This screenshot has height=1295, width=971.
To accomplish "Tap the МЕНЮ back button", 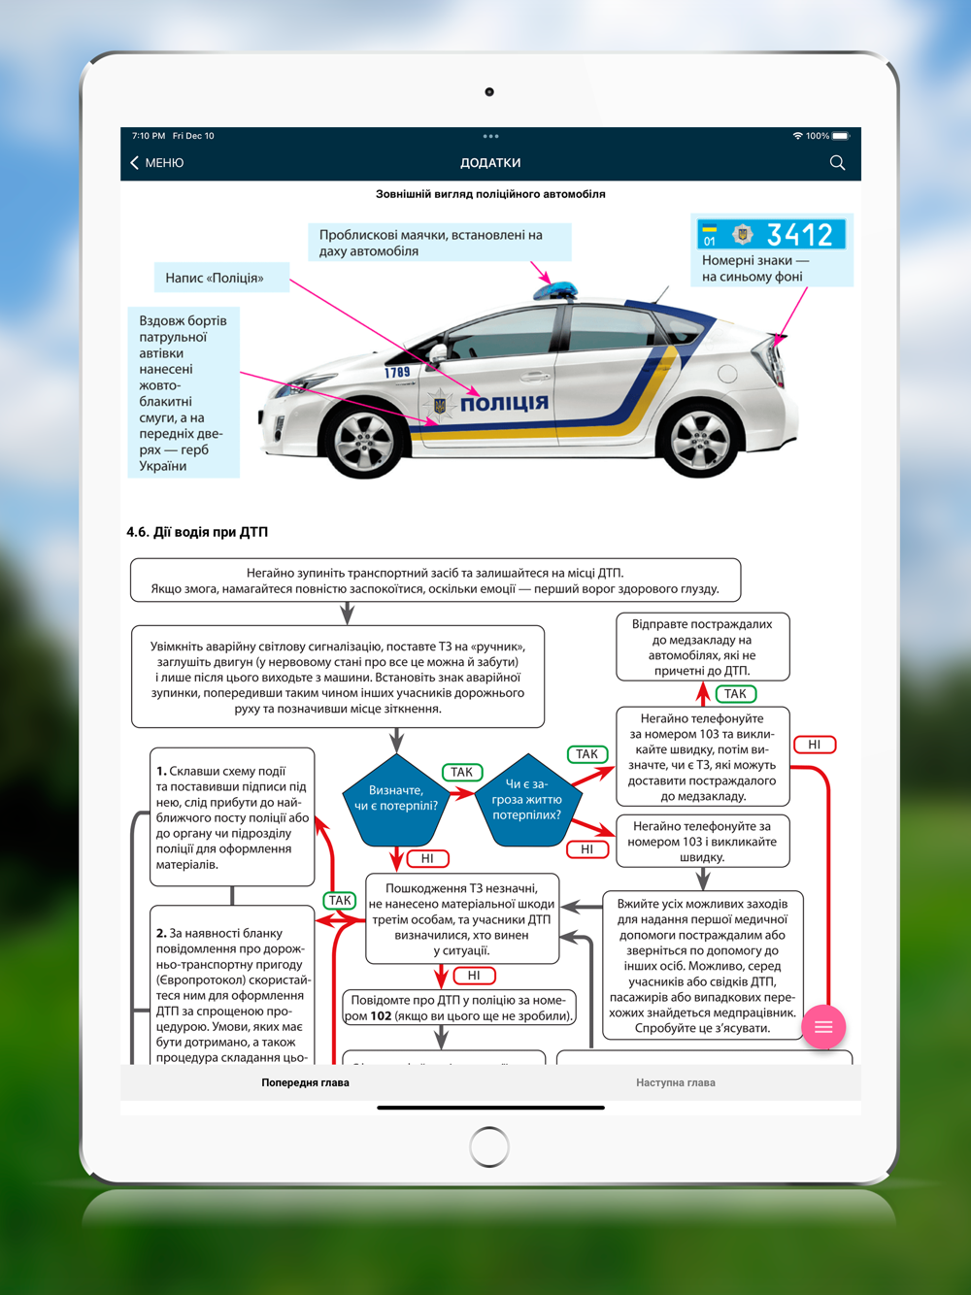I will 157,163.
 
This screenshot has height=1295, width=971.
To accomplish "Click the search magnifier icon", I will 837,163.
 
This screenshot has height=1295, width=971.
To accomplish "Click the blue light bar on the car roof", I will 555,289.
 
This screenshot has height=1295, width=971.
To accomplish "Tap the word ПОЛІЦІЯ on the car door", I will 504,403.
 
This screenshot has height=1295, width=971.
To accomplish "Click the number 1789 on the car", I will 397,372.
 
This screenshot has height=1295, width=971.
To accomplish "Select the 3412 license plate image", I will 772,235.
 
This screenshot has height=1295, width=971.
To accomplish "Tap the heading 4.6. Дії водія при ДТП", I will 197,532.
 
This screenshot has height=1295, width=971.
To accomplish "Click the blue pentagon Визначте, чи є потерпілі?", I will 396,799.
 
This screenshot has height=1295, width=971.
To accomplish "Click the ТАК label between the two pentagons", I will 461,773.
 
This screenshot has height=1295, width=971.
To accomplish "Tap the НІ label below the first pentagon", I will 427,858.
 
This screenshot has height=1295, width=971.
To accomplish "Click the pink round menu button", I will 823,1027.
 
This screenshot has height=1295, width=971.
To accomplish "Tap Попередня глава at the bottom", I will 305,1082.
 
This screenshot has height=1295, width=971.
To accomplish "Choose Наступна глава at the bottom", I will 676,1082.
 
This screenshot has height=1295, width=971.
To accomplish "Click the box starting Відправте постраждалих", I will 702,647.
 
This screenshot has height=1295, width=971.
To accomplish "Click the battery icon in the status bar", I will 841,136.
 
